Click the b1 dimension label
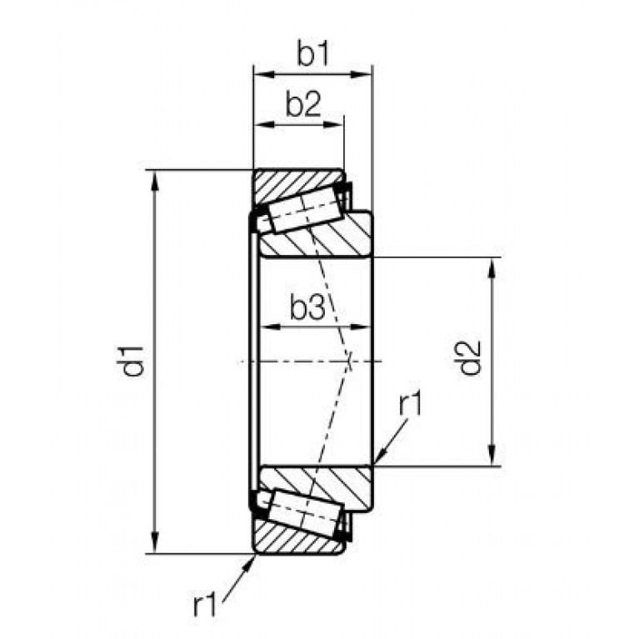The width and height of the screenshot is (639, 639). pyautogui.click(x=312, y=53)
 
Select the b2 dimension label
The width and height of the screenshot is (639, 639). pyautogui.click(x=303, y=104)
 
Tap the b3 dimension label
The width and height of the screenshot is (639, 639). pyautogui.click(x=307, y=307)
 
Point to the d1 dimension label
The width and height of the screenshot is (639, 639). pyautogui.click(x=132, y=361)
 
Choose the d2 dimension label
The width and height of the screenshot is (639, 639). pyautogui.click(x=470, y=357)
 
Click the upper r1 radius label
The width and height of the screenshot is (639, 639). pyautogui.click(x=411, y=402)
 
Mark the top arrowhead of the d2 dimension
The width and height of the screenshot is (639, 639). pyautogui.click(x=492, y=268)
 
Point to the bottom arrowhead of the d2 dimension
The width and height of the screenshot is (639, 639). pyautogui.click(x=492, y=455)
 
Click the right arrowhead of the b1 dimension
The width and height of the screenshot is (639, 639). pyautogui.click(x=362, y=74)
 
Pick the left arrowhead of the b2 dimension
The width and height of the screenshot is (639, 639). pyautogui.click(x=264, y=124)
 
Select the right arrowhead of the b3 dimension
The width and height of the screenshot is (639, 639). pyautogui.click(x=361, y=327)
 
